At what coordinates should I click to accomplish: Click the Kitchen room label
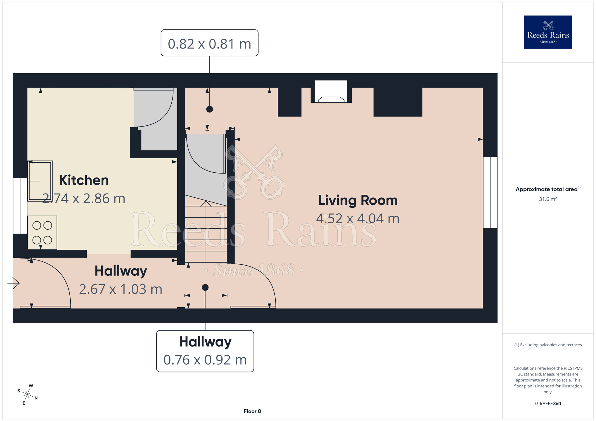pos(84,180)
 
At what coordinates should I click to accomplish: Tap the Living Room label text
pos(358,200)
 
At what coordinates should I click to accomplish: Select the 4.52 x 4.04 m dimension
pos(358,219)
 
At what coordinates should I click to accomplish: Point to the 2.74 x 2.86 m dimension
pos(84,199)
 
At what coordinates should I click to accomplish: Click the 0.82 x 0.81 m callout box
pos(209,43)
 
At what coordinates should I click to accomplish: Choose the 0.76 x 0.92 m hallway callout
pos(205,351)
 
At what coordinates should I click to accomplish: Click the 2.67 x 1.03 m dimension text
pos(121,289)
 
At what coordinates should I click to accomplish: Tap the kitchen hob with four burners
pos(42,233)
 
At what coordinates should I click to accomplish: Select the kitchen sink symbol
pos(40,181)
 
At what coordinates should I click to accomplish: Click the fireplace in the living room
pos(331,92)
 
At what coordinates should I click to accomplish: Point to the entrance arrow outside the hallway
pos(13,283)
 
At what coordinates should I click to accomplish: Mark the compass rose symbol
pos(27,395)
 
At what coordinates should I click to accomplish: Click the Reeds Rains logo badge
pos(548,32)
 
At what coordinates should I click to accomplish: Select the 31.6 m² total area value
pos(548,199)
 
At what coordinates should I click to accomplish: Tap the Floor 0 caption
pos(252,411)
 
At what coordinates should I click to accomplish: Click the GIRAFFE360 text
pos(548,404)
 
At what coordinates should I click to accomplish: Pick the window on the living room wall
pos(490,192)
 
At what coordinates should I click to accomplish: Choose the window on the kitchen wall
pos(20,206)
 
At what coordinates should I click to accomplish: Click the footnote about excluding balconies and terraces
pos(548,345)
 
